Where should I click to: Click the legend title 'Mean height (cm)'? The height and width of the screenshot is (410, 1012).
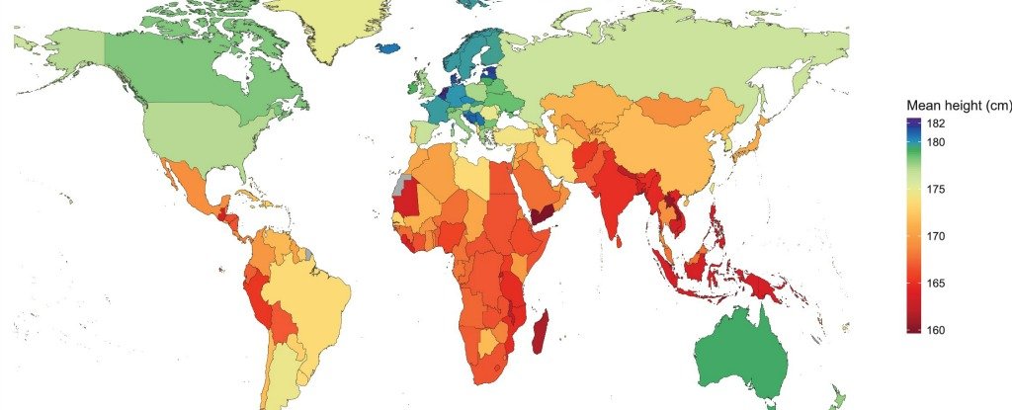pos(959,106)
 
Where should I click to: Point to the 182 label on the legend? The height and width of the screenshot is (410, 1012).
pos(937,123)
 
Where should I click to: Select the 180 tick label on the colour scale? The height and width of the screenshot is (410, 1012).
pos(937,142)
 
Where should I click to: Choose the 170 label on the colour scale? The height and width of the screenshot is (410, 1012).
pos(937,236)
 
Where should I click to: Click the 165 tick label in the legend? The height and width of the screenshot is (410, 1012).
pos(937,284)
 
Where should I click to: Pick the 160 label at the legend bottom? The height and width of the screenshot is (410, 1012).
pos(937,330)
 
